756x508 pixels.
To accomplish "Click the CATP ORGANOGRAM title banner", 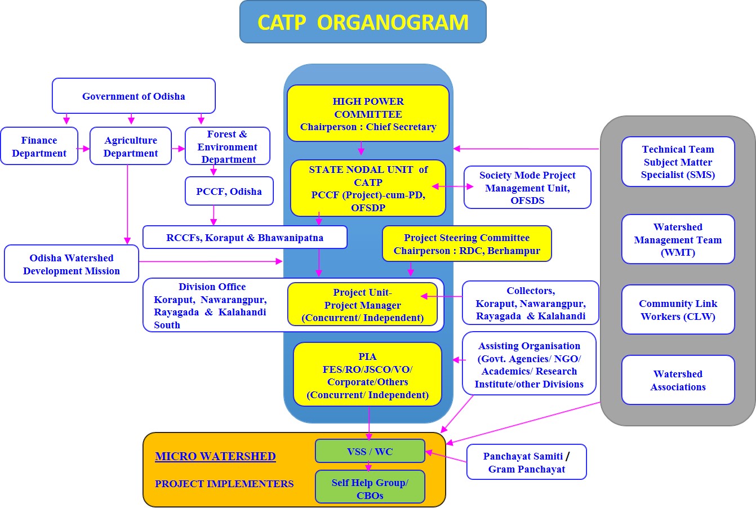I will pos(363,22).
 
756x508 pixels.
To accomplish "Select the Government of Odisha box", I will pos(134,96).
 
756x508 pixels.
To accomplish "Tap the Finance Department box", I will pos(39,146).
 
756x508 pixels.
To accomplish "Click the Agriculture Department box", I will pos(131,146).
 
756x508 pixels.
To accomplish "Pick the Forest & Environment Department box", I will pos(228,146).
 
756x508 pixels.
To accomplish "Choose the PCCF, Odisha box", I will pos(229,191).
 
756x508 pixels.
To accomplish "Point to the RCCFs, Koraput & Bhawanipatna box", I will pos(244,238).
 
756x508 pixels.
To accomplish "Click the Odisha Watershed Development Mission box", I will pos(72,264).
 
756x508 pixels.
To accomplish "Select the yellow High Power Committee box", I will pos(368,114).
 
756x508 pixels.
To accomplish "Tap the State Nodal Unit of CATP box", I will pos(368,188).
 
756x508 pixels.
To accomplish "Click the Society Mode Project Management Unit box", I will pos(527,188).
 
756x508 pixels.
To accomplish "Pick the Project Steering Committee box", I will pos(466,244).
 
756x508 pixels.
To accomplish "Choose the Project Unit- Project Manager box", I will pos(362,305).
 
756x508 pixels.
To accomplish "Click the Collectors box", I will pos(530,303).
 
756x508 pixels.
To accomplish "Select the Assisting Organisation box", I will pos(529,364).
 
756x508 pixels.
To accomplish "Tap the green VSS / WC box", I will pos(370,451).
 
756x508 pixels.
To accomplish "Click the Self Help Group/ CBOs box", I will pos(370,488).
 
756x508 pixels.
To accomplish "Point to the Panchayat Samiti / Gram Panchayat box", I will pos(526,462).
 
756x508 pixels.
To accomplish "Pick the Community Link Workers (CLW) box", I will pos(678,310).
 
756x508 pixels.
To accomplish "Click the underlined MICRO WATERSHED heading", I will pos(215,456).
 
